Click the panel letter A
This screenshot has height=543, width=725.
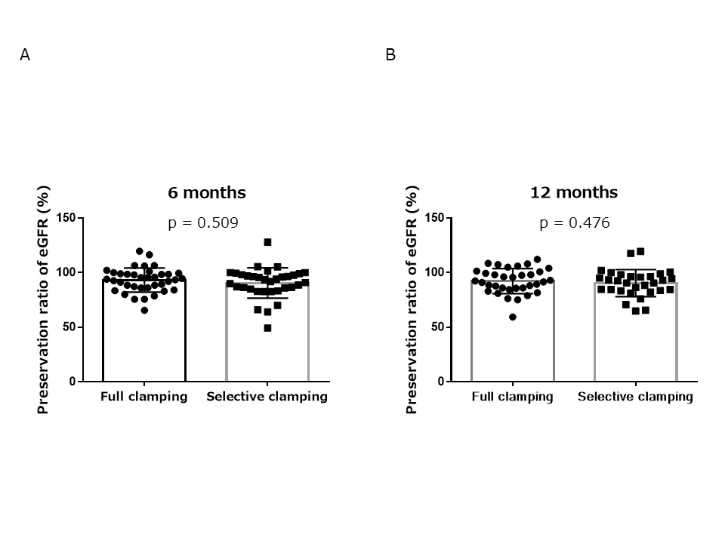25,55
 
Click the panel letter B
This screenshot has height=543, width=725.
390,55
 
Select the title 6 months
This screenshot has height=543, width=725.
206,192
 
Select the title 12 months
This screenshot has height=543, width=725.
575,192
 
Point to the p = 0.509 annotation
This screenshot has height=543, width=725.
203,222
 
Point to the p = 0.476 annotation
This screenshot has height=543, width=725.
575,222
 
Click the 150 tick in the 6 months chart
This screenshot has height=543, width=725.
66,218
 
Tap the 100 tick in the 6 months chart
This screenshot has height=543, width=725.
66,271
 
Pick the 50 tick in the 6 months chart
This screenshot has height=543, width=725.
69,327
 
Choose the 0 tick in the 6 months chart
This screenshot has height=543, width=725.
72,382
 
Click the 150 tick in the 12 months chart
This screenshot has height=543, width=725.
435,218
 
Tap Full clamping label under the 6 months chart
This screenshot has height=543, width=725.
144,397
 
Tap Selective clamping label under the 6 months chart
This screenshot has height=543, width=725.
267,397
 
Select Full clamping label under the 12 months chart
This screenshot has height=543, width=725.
513,397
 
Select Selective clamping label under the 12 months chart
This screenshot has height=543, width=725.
636,397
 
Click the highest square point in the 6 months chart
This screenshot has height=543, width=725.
267,242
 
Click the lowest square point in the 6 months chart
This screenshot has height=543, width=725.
267,328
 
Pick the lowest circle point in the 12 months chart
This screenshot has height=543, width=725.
513,317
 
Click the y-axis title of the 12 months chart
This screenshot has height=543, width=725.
412,299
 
